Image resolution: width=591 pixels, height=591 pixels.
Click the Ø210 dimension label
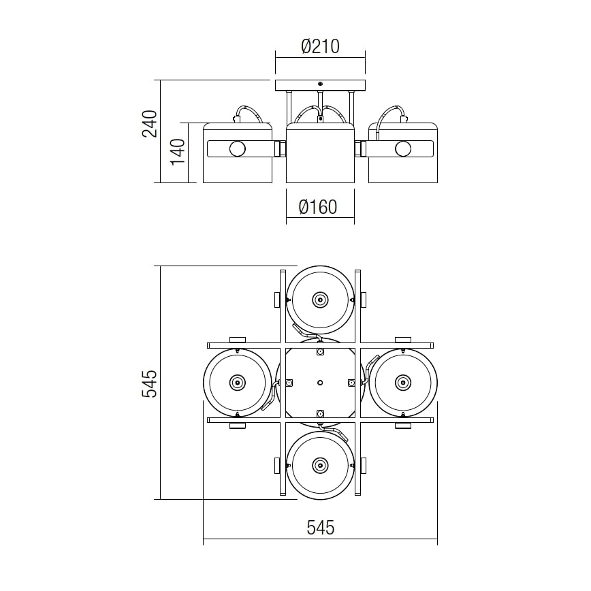[320, 46]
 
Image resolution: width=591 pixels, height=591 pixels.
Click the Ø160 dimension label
[319, 206]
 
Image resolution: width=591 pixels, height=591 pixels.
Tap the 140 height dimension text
[177, 152]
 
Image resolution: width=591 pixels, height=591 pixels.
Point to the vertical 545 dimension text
[149, 383]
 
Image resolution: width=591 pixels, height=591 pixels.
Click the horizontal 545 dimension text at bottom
[320, 528]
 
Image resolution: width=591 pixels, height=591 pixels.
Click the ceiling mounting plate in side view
[320, 86]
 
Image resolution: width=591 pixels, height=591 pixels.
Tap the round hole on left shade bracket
[237, 148]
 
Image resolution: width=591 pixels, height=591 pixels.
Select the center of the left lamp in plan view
[237, 382]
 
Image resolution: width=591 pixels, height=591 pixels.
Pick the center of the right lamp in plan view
[402, 382]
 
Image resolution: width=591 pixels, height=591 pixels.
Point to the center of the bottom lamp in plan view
[319, 465]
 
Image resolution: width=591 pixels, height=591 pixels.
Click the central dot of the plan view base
[319, 382]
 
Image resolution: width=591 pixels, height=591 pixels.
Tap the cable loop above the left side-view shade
[249, 112]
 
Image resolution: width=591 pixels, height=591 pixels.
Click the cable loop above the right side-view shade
[392, 112]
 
